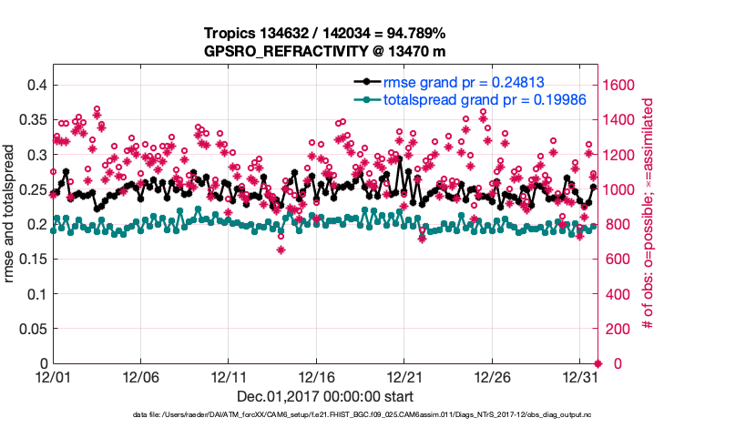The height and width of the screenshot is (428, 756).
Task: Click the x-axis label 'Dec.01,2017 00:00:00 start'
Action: coord(324,396)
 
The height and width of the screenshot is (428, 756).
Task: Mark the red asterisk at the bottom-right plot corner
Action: coord(598,363)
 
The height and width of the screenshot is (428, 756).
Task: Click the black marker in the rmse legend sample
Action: coord(366,82)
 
